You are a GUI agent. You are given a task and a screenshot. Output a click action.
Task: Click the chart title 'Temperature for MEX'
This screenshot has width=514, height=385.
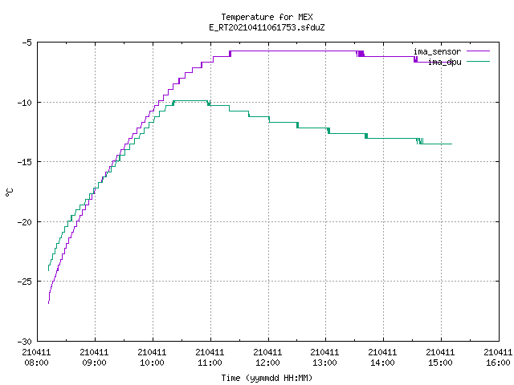click(267, 17)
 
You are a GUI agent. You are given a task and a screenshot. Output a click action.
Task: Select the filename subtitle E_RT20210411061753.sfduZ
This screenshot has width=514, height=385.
click(267, 27)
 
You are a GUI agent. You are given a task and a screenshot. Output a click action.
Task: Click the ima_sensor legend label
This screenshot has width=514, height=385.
click(437, 51)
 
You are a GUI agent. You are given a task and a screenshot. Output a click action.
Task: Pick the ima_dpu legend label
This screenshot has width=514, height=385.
click(444, 62)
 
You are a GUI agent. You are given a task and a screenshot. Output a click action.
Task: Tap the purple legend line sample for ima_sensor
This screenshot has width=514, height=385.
click(478, 51)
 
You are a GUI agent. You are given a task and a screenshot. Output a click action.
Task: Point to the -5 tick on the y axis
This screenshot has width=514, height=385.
click(27, 43)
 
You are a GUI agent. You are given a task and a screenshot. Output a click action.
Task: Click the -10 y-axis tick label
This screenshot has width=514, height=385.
click(25, 103)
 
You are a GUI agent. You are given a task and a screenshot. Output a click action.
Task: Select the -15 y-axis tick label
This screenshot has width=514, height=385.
click(25, 162)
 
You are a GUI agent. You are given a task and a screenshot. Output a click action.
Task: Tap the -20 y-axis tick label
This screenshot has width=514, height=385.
click(25, 222)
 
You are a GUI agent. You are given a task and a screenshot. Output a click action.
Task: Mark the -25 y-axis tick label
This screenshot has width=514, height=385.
click(25, 282)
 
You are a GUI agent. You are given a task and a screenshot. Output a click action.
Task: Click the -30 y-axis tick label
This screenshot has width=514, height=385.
click(25, 342)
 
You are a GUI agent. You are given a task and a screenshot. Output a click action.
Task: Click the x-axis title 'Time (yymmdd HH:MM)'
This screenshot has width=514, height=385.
click(267, 378)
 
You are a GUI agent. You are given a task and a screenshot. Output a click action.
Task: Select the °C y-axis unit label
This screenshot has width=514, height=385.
click(9, 192)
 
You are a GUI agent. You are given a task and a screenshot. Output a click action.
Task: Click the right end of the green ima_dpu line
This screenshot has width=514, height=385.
click(451, 144)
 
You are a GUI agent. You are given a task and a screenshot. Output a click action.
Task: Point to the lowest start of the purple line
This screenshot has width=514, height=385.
click(48, 303)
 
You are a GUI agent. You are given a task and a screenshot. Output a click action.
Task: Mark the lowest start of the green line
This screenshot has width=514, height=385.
click(48, 270)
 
